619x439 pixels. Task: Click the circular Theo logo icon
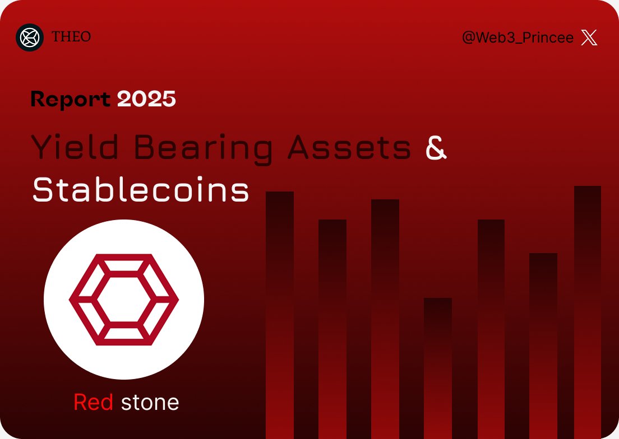[30, 38]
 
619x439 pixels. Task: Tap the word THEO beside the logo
[71, 37]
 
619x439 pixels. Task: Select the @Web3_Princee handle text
[518, 38]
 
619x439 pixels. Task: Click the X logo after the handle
[589, 38]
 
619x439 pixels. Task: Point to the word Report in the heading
[71, 99]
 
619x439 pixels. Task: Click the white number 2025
[146, 99]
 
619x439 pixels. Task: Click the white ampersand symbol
[436, 148]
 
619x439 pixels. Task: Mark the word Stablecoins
[141, 190]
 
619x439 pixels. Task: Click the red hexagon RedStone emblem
[123, 300]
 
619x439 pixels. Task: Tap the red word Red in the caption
[94, 402]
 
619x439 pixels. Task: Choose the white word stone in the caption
[150, 402]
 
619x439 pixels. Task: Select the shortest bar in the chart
[438, 367]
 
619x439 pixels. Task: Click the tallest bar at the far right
[588, 311]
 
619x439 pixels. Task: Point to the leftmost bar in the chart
[280, 314]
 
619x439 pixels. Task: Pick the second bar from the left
[332, 328]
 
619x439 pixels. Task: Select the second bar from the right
[543, 344]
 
